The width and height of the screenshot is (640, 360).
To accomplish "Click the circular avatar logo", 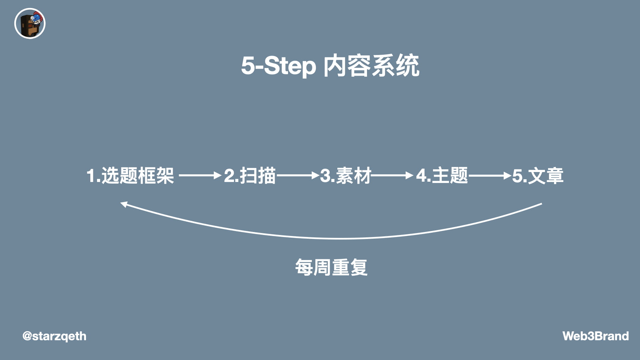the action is point(30,24).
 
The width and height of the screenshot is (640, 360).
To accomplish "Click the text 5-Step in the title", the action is point(279,66).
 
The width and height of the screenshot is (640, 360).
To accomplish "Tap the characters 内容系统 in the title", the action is point(371,66).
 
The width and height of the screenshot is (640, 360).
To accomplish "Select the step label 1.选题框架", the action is point(130,175).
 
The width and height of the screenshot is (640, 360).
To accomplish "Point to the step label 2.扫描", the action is point(250,175).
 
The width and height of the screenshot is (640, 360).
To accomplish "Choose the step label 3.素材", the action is point(346,175).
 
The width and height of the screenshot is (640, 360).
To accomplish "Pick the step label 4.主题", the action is point(442,175).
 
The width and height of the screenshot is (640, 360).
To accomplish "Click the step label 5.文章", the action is point(538,175).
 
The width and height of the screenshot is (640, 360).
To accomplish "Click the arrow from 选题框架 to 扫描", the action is point(200,175).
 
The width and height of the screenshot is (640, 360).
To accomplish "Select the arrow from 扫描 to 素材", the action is point(298,175).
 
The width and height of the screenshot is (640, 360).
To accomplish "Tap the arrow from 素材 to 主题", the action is point(392,175).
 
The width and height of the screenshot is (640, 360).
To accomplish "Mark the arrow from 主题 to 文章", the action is point(490,175).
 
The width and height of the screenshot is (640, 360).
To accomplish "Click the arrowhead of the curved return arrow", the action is point(124,204).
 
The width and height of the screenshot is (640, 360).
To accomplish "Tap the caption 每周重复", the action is point(331,267).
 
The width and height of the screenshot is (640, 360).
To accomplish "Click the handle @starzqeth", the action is point(54,336).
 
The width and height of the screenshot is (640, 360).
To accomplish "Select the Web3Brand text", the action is point(595,336).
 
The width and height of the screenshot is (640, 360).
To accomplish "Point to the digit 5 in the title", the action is point(248,66).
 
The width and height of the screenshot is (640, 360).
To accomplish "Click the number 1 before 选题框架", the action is point(91,176).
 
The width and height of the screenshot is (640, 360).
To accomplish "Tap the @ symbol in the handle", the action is point(27,336).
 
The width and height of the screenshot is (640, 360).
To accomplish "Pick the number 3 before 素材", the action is point(325,176).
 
